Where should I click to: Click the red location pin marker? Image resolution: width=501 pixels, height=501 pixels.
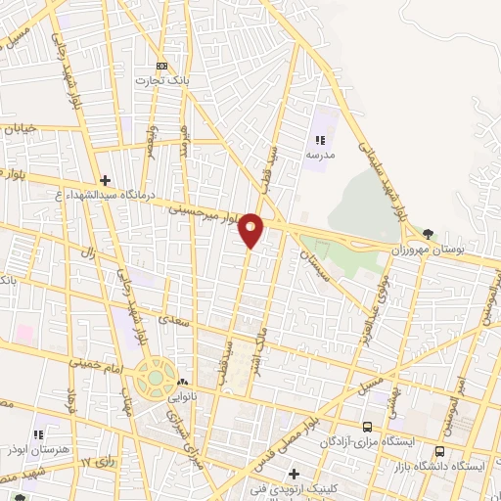(251, 230)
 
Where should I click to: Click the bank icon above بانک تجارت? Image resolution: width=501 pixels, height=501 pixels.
(161, 65)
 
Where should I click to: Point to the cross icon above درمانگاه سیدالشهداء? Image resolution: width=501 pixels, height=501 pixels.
(105, 179)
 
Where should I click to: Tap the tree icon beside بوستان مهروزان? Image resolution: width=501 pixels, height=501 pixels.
(430, 232)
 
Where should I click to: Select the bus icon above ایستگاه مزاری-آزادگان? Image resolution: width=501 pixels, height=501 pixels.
(367, 427)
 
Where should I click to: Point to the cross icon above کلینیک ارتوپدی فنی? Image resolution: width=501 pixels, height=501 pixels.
(309, 474)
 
